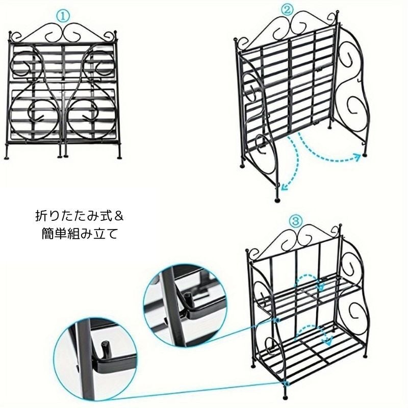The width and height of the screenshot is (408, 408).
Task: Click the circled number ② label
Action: pos(287,10)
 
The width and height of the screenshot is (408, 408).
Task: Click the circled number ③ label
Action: pos(296,222)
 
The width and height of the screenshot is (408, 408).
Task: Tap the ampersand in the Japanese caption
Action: pos(118,216)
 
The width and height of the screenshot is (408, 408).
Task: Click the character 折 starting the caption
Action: pos(41,216)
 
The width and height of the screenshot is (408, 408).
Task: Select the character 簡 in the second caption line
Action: pos(47,234)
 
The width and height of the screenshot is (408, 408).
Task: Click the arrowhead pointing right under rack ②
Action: pos(358,157)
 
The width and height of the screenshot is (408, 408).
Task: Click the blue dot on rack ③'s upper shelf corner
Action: pos(277,320)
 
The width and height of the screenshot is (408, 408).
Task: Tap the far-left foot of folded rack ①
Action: pos(7,157)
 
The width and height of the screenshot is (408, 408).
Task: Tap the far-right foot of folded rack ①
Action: pos(119,157)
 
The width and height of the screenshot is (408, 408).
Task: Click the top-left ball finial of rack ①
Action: pos(10,33)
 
